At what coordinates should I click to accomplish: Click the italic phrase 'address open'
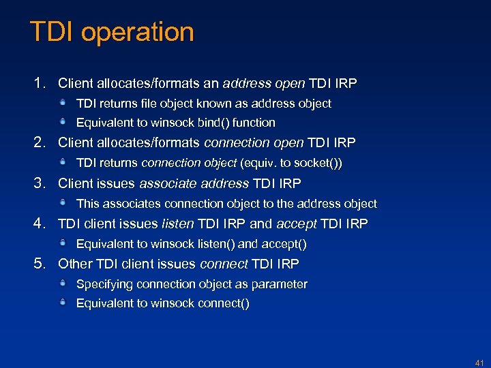[x=264, y=84]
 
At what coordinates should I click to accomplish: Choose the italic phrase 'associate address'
[x=194, y=183]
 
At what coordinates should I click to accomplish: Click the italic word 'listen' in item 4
[x=177, y=224]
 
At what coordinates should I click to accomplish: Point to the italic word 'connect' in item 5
[x=224, y=264]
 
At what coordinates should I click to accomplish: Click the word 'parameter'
[x=280, y=284]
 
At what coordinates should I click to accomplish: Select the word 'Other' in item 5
[x=75, y=264]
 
